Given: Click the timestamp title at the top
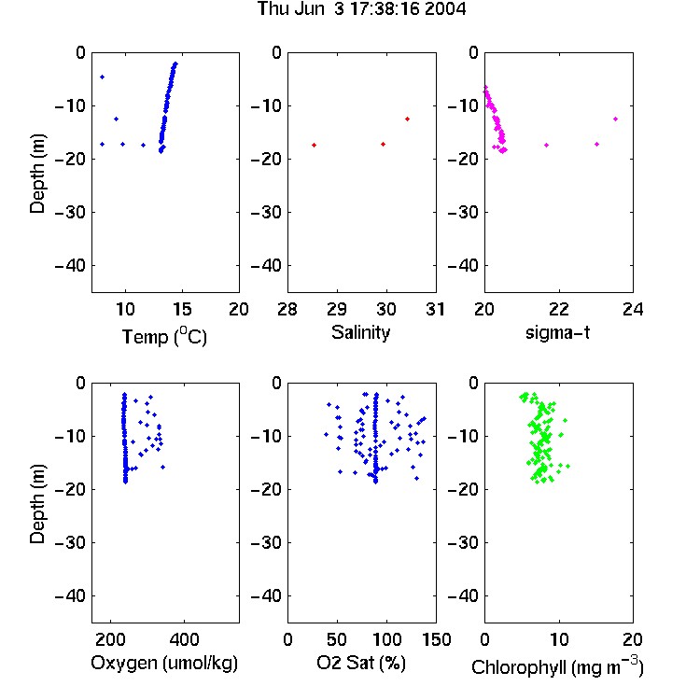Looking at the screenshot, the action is point(361,9).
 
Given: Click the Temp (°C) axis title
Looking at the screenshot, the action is point(164,336).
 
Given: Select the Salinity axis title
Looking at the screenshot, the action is point(360,332).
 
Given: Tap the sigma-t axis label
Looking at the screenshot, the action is point(557,332).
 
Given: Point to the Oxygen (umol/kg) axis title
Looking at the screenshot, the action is point(164,663).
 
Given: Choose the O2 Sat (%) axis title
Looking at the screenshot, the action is point(361,663).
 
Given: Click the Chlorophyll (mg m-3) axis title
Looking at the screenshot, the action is point(557,666).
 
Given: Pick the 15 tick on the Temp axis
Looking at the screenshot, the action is point(182,309).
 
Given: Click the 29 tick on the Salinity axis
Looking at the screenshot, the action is point(337,309).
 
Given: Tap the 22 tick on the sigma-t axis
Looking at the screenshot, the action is point(558,309).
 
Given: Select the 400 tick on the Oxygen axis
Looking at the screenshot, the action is point(184,639).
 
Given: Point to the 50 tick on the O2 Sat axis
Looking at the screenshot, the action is point(337,639).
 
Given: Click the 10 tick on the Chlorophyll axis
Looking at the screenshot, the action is point(558,639).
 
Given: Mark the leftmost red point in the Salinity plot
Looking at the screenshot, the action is point(314,145).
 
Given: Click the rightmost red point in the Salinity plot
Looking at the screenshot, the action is point(407,119).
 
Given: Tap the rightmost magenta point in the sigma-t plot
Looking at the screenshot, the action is point(615,119).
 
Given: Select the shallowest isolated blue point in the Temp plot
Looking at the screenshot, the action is point(103,77).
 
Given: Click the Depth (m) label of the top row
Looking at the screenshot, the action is point(37,174).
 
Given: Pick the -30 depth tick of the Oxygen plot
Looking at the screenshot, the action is point(70,542).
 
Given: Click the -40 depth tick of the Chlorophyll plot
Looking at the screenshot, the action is point(463,595).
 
